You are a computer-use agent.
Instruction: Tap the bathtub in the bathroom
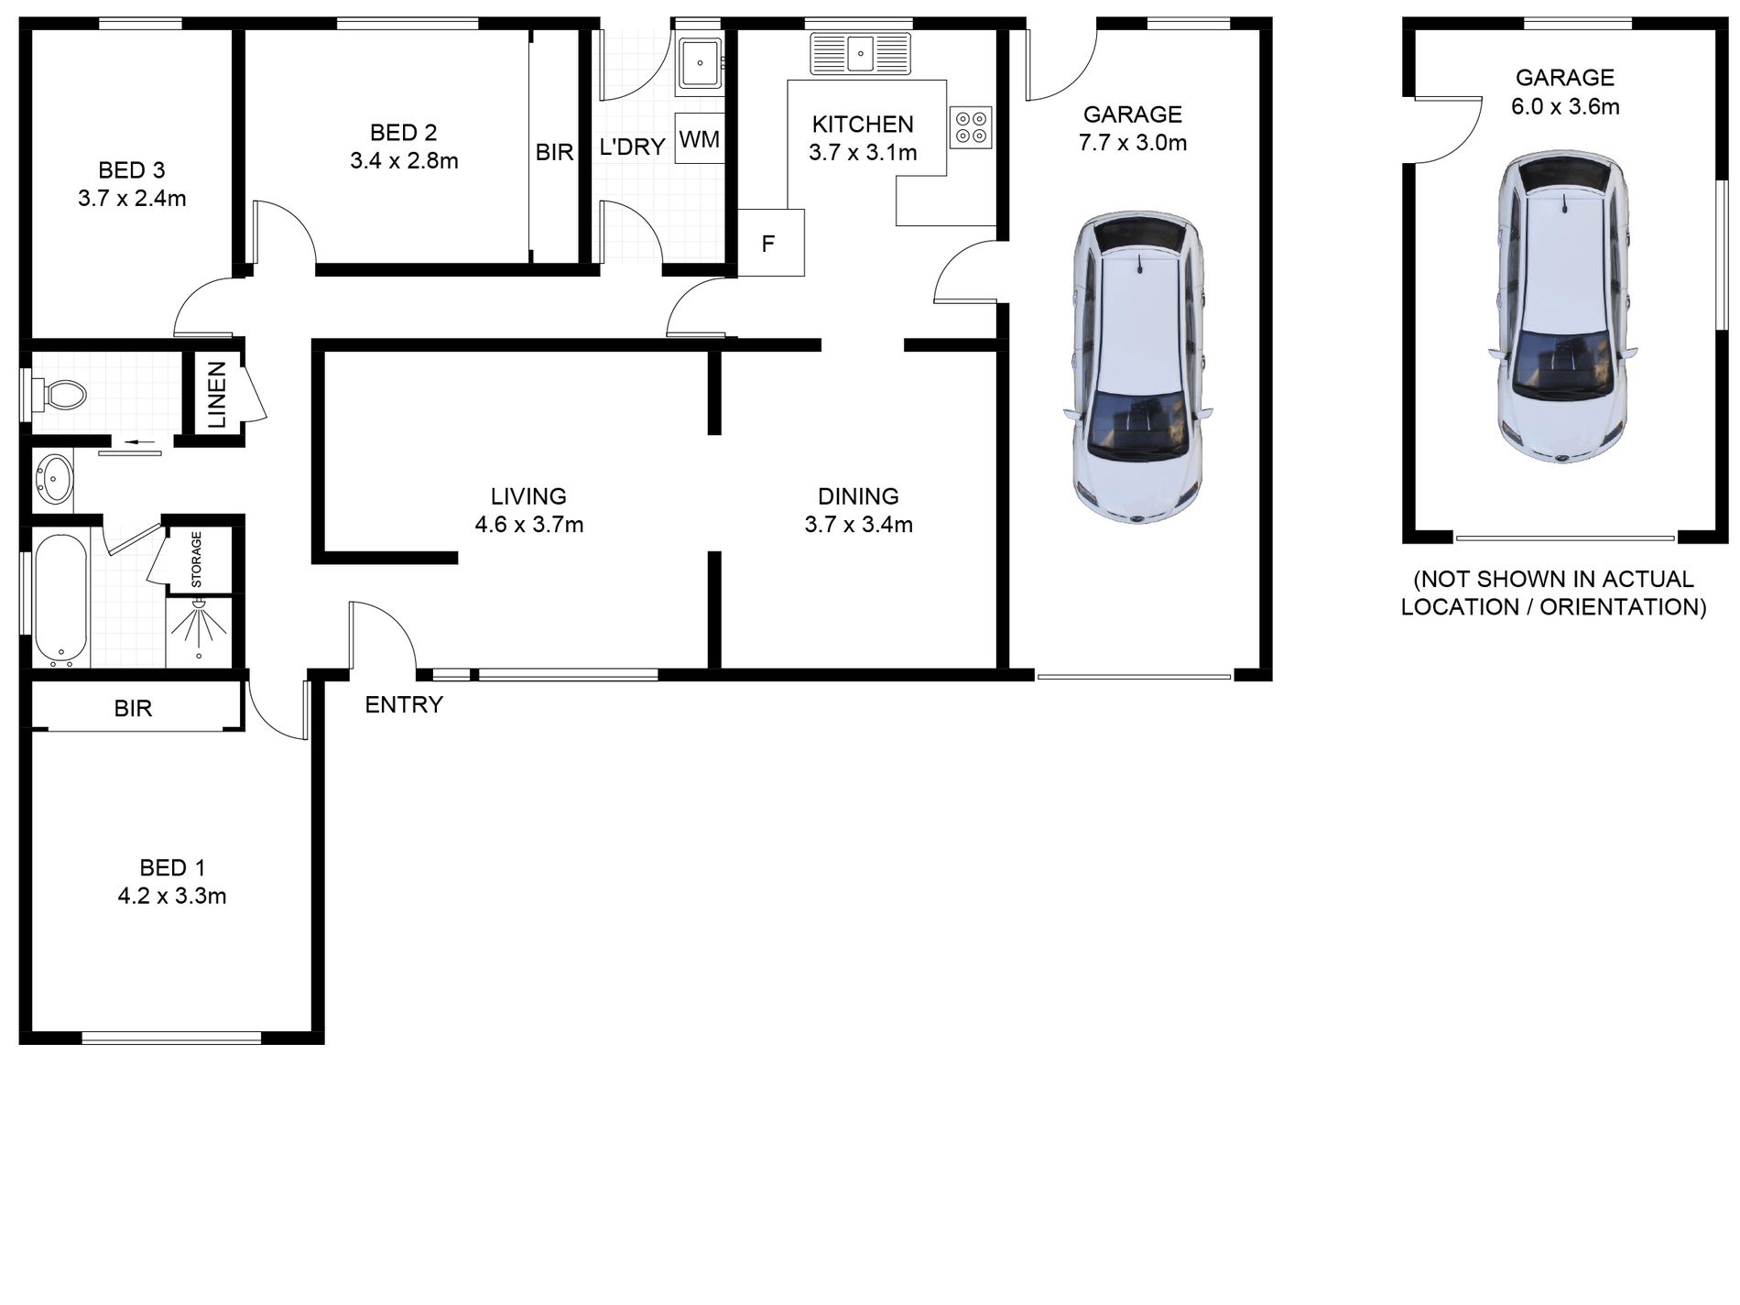(61, 600)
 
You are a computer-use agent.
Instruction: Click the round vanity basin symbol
(53, 481)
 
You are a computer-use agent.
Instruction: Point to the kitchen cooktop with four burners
(971, 126)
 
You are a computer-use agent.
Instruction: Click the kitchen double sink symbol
(860, 53)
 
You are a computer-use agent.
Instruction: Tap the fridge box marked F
(769, 244)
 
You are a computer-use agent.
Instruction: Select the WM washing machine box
(699, 139)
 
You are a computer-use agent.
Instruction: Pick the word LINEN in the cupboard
(217, 395)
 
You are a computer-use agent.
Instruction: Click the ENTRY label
(404, 704)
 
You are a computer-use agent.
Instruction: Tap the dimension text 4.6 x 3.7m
(528, 525)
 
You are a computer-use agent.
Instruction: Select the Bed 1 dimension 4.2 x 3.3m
(171, 896)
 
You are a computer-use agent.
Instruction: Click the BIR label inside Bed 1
(133, 708)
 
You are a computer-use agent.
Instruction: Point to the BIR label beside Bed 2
(554, 152)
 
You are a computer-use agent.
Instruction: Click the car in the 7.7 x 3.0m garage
(1136, 368)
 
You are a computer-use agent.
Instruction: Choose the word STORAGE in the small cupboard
(196, 560)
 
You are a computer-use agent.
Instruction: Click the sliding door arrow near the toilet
(138, 443)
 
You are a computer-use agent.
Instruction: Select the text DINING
(858, 496)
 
